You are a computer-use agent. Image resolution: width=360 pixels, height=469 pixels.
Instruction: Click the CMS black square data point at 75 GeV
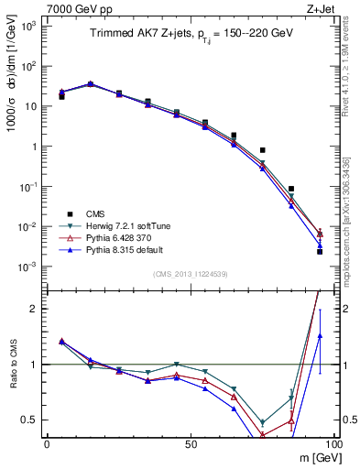262,150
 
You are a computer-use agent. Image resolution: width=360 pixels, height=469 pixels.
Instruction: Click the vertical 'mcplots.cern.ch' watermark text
349,234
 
